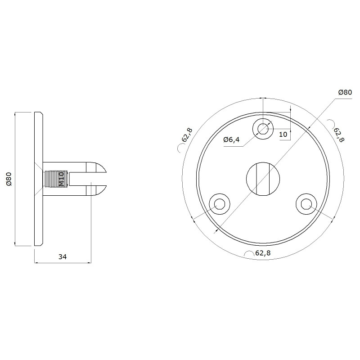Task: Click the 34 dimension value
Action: tap(63, 256)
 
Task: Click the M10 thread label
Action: tap(61, 179)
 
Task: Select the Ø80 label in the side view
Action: tap(9, 179)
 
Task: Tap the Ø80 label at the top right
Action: tap(345, 92)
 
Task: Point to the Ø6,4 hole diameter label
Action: tap(231, 139)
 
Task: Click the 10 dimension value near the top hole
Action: tap(283, 134)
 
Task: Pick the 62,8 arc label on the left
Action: tap(187, 135)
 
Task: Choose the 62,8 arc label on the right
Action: tap(339, 135)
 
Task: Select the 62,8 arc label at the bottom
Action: tap(263, 253)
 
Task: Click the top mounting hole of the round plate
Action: tap(263, 129)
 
